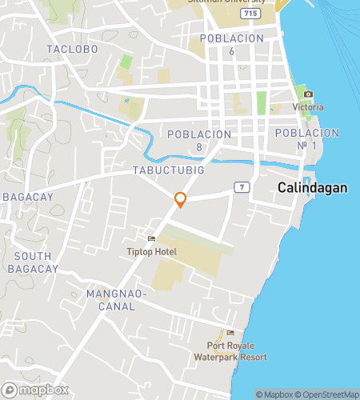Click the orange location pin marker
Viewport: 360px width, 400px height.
tap(181, 199)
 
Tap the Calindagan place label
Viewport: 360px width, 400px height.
tap(313, 187)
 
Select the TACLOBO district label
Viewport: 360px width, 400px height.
tap(72, 49)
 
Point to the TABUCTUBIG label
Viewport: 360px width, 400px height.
tap(170, 171)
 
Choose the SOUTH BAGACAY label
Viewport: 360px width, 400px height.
tap(34, 262)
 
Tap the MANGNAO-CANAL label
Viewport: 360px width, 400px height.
tap(117, 300)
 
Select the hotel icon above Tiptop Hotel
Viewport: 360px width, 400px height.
tap(150, 239)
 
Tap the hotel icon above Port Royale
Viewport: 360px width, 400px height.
tap(230, 333)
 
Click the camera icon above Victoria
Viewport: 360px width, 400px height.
tap(308, 94)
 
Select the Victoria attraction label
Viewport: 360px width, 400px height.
tap(308, 107)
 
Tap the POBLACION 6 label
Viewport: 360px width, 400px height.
tap(231, 44)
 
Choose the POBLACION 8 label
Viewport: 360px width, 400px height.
tap(199, 140)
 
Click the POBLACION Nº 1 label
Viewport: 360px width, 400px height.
tap(308, 138)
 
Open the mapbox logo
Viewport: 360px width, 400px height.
tap(35, 390)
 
